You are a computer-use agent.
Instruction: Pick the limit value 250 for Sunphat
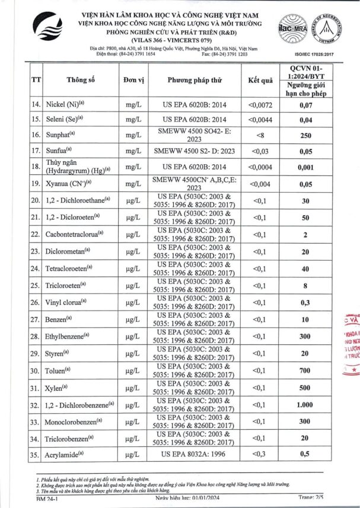pos(305,135)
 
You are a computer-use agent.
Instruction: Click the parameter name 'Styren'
pos(59,354)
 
